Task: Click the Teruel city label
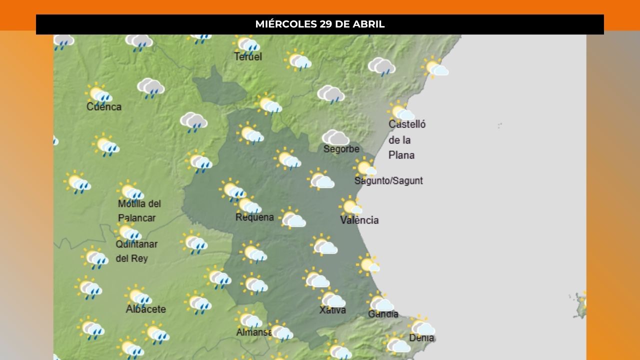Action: [248, 57]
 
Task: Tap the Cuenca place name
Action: [104, 107]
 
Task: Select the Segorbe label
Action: [341, 149]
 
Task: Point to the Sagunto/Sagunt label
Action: [388, 181]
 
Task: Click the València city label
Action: [359, 220]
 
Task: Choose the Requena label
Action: [254, 217]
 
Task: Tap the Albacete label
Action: [145, 309]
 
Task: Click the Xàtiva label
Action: [332, 310]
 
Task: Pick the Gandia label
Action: [383, 314]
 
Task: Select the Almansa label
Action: [254, 332]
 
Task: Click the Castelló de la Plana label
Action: [406, 139]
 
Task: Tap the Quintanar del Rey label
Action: [136, 251]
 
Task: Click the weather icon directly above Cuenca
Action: [99, 93]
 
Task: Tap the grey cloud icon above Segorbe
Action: [335, 137]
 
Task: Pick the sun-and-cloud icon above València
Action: [350, 205]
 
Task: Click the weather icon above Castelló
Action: [401, 112]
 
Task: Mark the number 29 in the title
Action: [326, 24]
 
